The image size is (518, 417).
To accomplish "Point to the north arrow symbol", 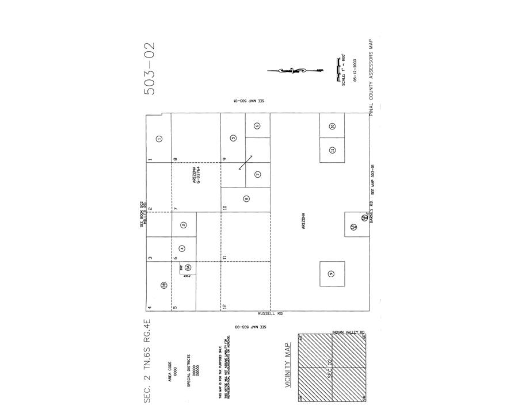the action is coord(294,71).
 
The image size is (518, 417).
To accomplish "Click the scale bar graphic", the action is coord(338,68).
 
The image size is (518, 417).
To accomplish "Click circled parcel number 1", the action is coord(159,138).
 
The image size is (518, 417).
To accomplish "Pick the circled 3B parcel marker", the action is coord(163,285).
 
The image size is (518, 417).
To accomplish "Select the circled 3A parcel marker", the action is coord(188,267).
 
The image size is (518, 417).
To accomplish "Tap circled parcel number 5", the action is coord(233,138).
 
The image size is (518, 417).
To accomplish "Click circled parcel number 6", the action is coord(257,126).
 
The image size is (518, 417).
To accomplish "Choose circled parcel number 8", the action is coord(246,199).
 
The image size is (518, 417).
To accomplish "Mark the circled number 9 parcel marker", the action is coord(330,274).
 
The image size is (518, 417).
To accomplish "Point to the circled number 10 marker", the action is coord(332,126).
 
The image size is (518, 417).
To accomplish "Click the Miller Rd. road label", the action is coord(145,213).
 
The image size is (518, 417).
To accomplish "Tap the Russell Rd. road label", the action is coord(271,313).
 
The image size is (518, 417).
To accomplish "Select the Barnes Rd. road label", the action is coord(372,214).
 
